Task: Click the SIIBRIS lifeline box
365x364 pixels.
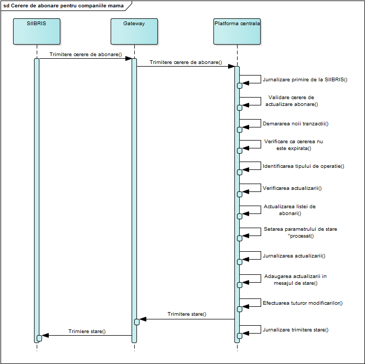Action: (x=37, y=31)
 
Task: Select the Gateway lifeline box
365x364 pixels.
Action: (x=134, y=31)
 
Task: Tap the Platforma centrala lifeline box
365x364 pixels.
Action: (x=237, y=31)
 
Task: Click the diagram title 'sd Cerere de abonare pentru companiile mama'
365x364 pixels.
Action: (x=63, y=6)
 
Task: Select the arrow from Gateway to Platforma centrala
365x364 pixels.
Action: (x=186, y=67)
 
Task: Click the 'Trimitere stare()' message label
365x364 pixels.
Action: (x=187, y=314)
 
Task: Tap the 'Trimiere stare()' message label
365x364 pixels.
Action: (x=87, y=331)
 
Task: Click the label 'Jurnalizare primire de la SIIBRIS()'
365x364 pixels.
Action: (x=305, y=79)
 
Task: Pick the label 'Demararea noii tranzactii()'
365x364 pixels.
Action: (x=296, y=123)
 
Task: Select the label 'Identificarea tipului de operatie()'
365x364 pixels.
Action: (x=304, y=166)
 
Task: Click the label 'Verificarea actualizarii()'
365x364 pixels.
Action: (x=292, y=188)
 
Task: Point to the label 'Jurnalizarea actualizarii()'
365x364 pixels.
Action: (x=294, y=256)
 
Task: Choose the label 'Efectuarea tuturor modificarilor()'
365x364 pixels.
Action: (x=303, y=303)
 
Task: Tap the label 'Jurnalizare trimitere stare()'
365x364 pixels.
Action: (x=296, y=330)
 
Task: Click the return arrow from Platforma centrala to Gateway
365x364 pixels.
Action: (x=187, y=319)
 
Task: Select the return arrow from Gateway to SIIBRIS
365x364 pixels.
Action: (x=87, y=335)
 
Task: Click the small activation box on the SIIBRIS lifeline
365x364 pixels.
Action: (x=39, y=338)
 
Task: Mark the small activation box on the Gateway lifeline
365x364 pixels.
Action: (x=137, y=322)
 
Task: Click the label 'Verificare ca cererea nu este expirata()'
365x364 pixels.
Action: (x=294, y=145)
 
